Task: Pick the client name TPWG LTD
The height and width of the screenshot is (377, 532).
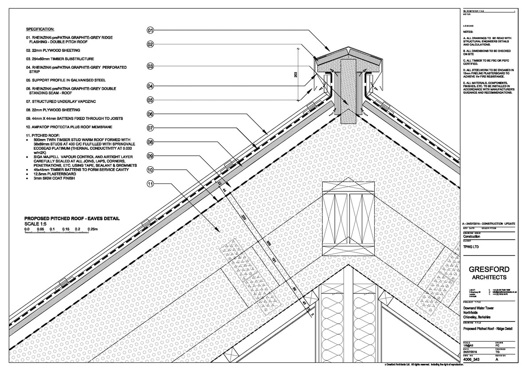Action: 471,246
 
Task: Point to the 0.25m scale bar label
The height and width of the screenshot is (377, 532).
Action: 93,229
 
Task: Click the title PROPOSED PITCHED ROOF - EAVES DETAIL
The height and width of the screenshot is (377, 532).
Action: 72,218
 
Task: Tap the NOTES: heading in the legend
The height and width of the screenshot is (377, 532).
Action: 468,32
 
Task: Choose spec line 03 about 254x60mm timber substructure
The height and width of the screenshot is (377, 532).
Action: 60,59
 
